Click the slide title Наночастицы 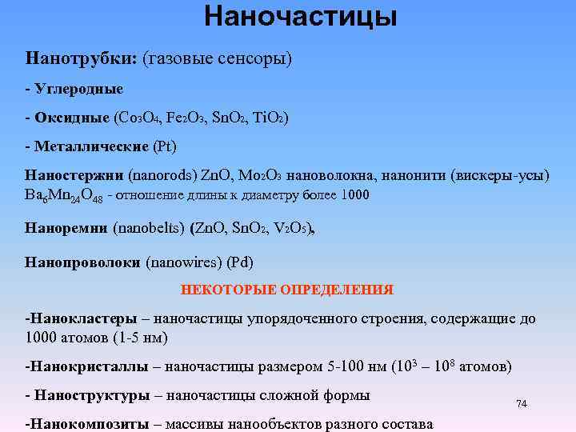[x=300, y=16]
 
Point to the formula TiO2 [x=269, y=118]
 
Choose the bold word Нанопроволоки [x=83, y=261]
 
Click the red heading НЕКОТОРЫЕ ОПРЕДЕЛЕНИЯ [x=287, y=289]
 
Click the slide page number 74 [x=522, y=404]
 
